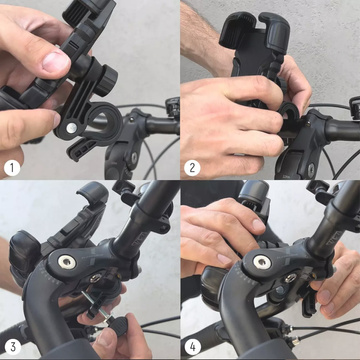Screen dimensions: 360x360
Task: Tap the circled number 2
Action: point(192,166)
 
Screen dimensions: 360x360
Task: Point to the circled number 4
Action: point(192,346)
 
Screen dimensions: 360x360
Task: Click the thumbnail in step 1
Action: point(56,62)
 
